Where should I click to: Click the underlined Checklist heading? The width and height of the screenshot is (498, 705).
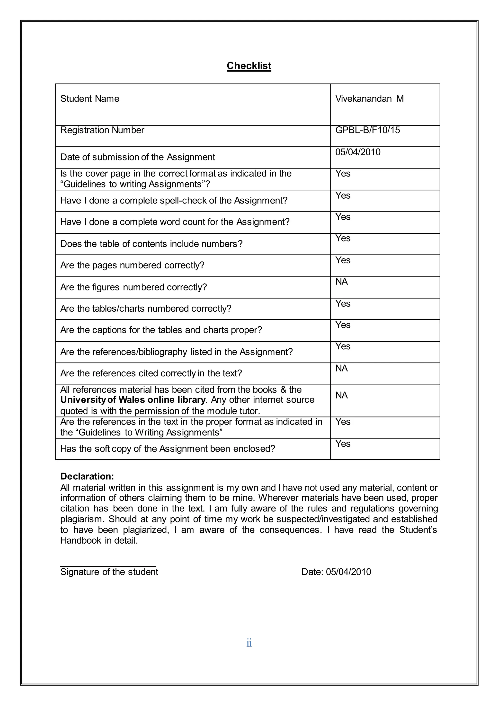249,66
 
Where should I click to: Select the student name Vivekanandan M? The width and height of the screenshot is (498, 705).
369,99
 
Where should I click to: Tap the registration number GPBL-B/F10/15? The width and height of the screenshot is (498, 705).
367,130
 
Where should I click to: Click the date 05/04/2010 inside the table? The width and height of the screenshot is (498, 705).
357,152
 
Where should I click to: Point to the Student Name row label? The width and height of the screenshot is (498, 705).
89,99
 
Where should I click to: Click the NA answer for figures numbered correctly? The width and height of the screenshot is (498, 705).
341,282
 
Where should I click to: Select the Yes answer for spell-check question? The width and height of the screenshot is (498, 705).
343,195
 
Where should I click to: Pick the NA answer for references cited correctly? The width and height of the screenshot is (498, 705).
341,368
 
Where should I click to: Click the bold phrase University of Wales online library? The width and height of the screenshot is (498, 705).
133,400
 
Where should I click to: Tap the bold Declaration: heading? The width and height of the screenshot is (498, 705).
87,476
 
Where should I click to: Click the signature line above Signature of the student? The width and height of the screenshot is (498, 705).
108,566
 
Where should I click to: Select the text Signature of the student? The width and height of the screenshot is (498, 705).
109,572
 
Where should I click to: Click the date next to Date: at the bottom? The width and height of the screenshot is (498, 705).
348,572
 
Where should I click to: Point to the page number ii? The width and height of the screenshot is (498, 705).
249,643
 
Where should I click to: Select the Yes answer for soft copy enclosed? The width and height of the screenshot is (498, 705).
343,444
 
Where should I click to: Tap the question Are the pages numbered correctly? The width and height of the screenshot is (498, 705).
132,265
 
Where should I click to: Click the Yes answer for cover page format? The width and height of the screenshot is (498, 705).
343,174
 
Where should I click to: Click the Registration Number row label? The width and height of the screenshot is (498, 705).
102,130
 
